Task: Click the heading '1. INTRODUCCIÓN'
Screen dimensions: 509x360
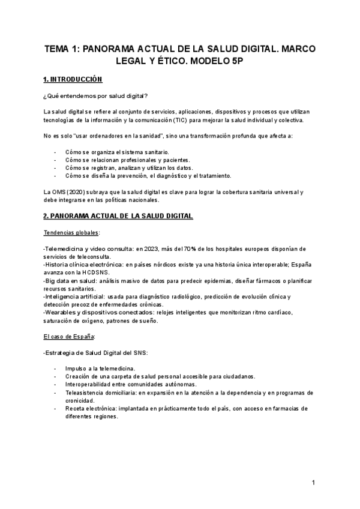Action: coord(73,80)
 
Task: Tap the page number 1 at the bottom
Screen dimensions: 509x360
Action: coord(313,483)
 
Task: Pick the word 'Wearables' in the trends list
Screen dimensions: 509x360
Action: coord(60,312)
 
